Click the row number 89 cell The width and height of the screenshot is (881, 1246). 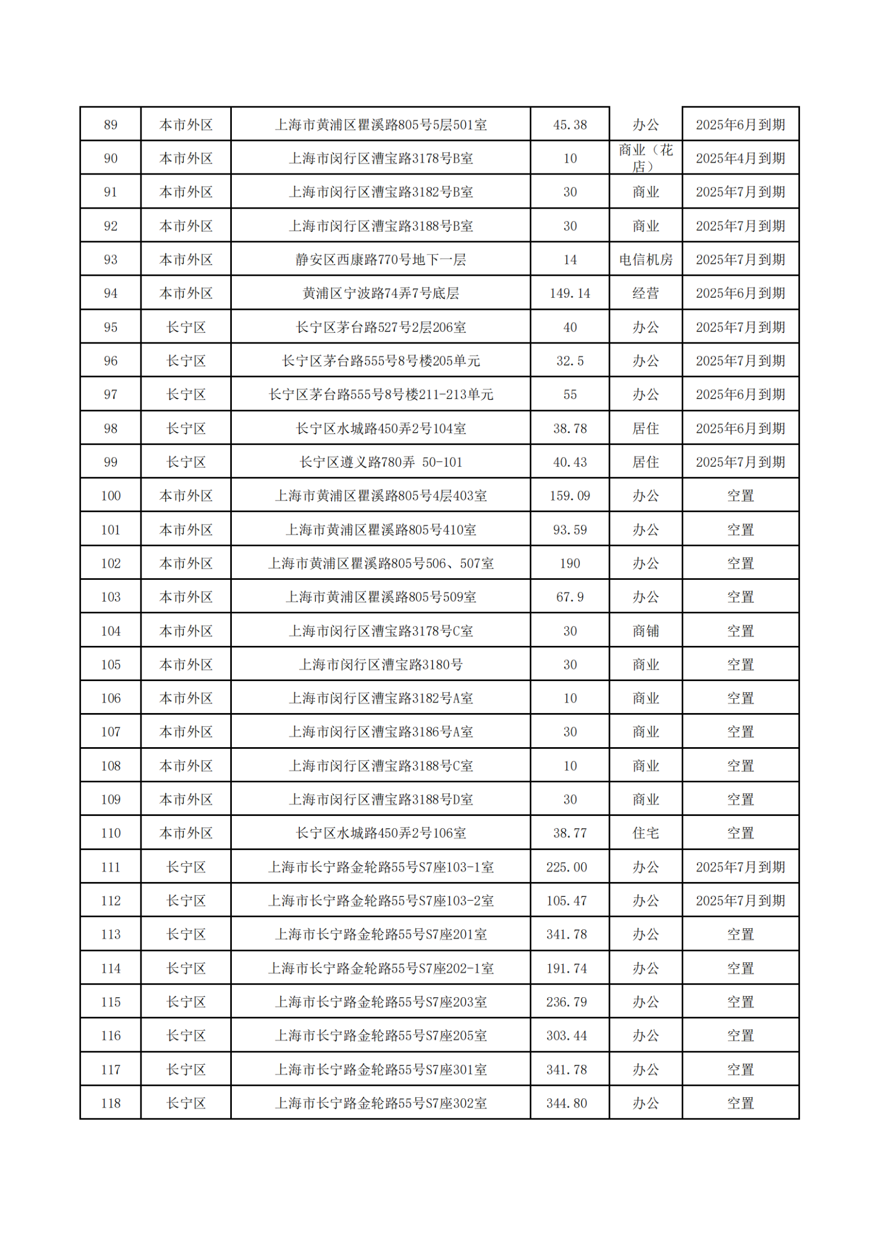111,125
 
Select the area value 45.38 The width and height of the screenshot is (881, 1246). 570,125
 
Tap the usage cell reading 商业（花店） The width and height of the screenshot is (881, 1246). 645,158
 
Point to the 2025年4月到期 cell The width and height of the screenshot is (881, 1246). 740,159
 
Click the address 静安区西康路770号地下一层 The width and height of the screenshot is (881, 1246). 380,260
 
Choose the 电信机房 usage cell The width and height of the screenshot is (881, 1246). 645,260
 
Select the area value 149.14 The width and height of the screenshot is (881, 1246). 570,293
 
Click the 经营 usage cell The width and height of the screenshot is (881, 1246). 645,293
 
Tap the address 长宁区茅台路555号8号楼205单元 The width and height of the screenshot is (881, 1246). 380,361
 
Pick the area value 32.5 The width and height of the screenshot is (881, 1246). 570,361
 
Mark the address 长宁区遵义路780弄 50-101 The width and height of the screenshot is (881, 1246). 380,463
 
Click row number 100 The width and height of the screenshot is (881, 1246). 111,496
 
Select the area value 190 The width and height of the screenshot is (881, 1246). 570,564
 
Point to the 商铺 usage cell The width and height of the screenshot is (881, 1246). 645,631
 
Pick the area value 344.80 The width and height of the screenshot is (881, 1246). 567,1103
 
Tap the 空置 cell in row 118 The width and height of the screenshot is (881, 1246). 740,1103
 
